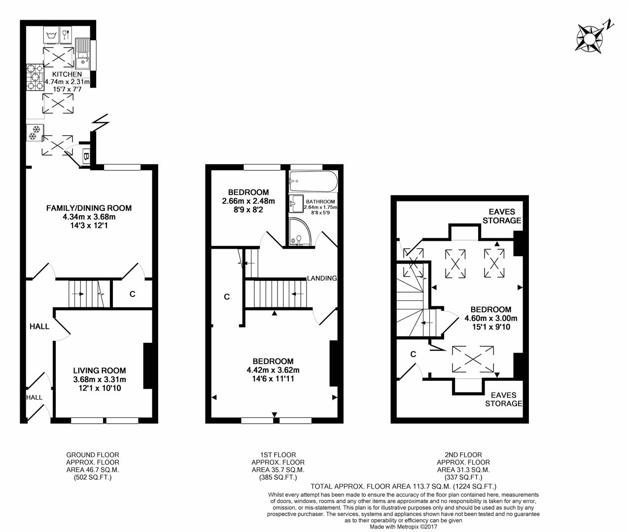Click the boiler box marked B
click(x=86, y=157)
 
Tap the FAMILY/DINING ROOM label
click(x=89, y=208)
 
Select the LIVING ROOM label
click(x=99, y=370)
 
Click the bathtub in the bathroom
click(x=313, y=182)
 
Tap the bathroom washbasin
click(x=296, y=201)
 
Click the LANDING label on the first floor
click(x=321, y=278)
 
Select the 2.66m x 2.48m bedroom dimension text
click(x=248, y=200)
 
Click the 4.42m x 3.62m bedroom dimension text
click(x=273, y=370)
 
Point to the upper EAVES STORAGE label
click(x=502, y=216)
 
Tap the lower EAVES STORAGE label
click(x=503, y=399)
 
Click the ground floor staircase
click(x=83, y=294)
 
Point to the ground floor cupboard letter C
click(x=132, y=294)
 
